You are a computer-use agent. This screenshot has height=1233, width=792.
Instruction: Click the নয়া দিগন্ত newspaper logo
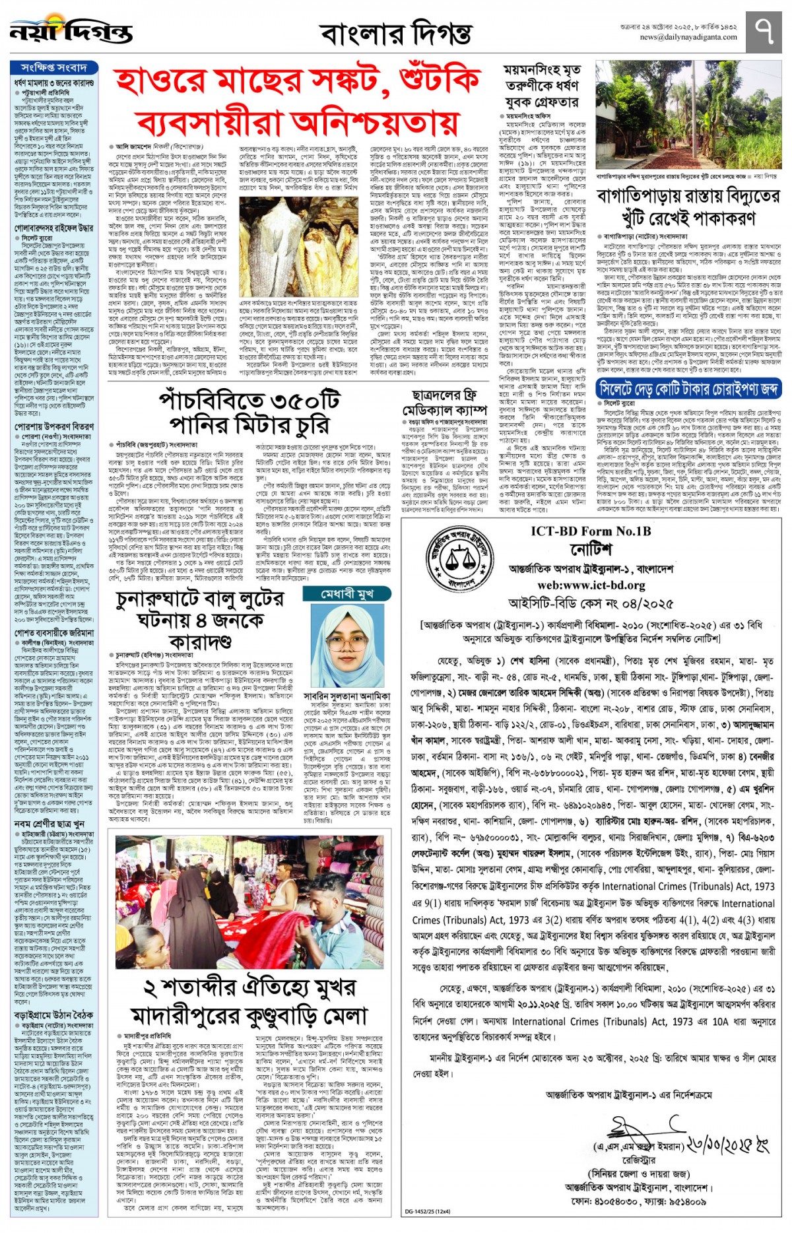click(x=71, y=30)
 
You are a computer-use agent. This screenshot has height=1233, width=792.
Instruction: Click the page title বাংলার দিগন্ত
click(x=396, y=33)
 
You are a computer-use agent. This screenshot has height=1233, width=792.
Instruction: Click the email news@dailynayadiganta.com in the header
click(x=688, y=38)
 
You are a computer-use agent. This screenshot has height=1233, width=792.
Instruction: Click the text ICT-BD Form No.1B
click(x=591, y=531)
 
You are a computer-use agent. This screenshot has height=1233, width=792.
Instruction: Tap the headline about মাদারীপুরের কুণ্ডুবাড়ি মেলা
click(x=249, y=1002)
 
